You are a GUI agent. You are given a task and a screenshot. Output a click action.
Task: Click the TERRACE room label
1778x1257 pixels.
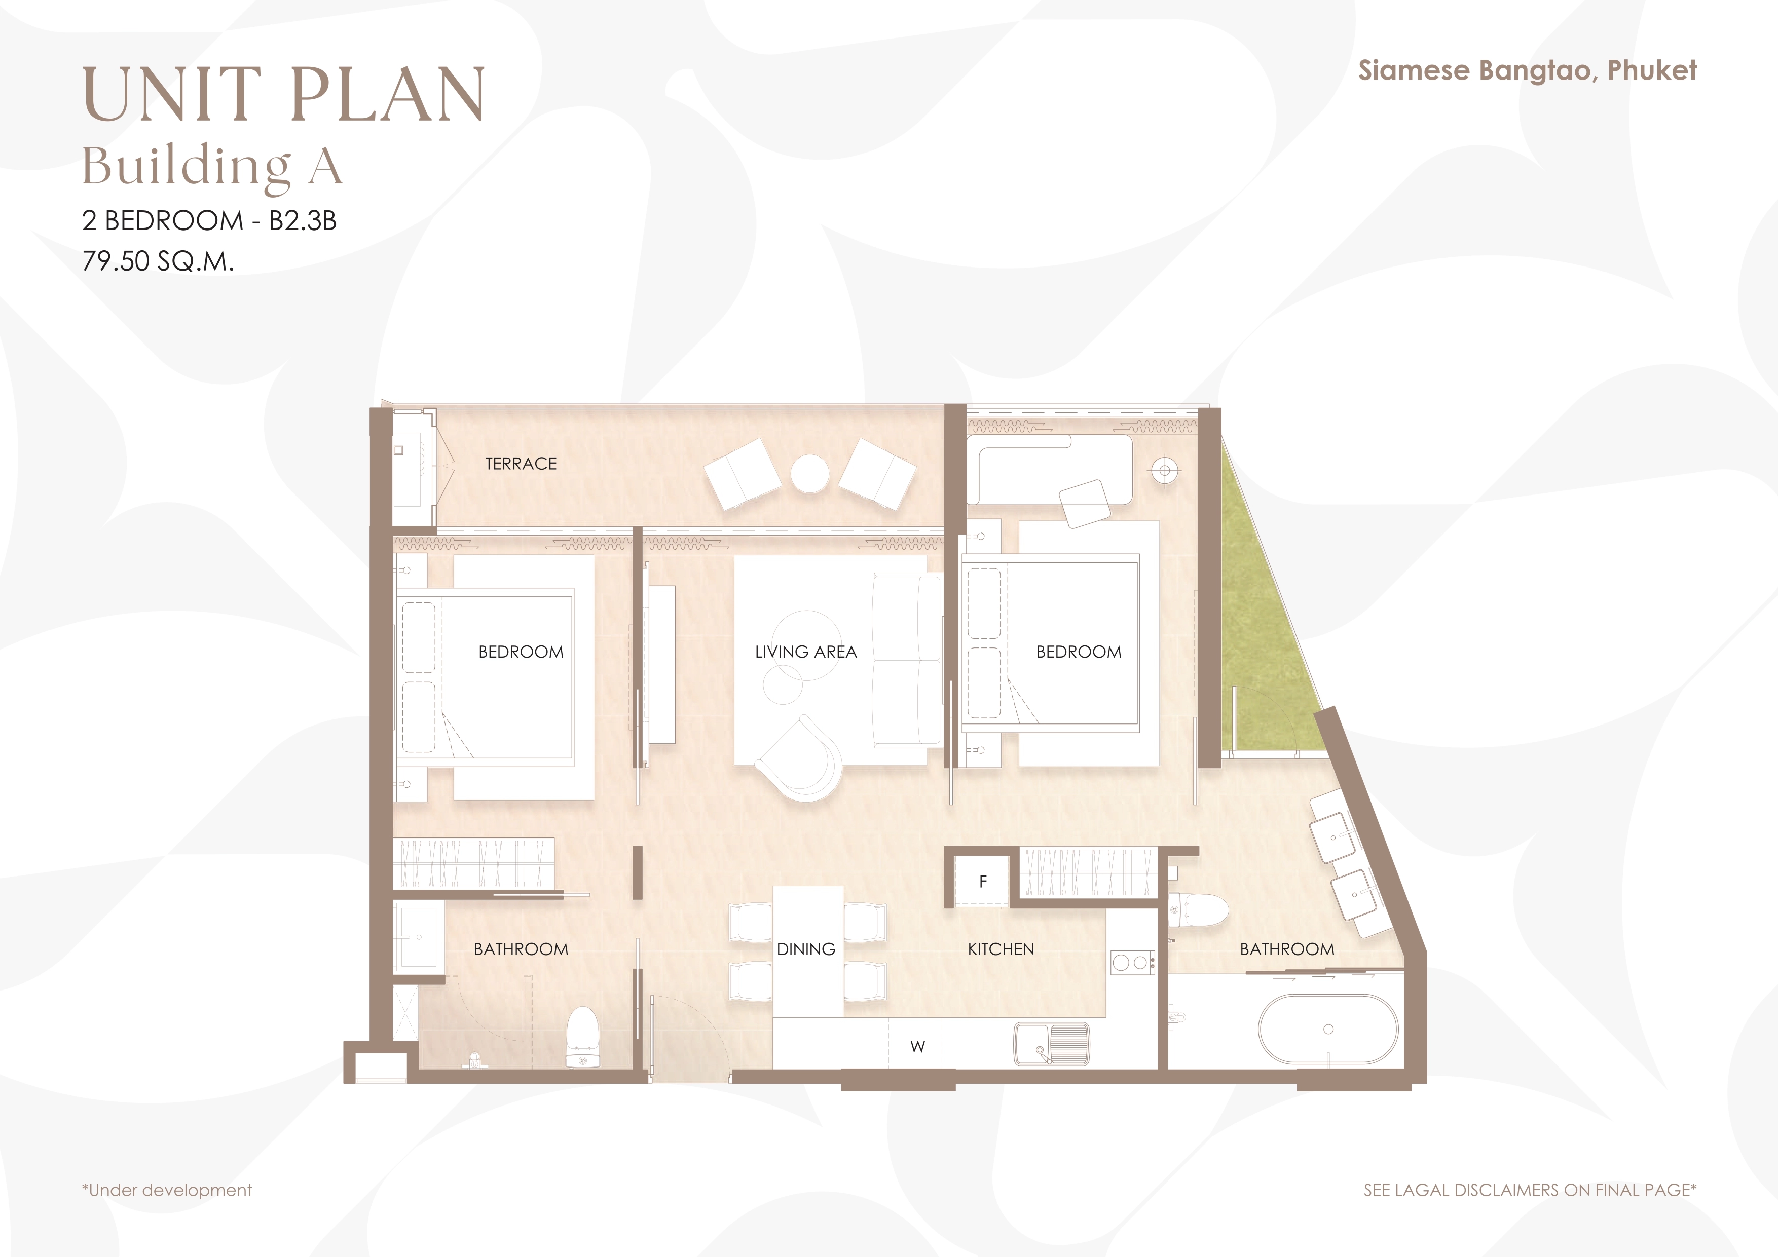[521, 464]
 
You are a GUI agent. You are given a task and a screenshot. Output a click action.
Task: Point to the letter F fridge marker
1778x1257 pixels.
[983, 882]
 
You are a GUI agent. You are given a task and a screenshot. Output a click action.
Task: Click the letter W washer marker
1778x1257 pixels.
[918, 1046]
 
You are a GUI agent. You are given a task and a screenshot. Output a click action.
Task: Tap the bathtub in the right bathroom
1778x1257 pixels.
[1328, 1029]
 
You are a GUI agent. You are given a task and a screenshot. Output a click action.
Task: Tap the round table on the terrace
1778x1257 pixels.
[810, 473]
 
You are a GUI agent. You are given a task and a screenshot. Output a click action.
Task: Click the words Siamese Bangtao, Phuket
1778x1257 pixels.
[1527, 70]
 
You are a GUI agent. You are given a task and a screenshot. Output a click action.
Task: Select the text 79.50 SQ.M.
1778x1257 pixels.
[158, 261]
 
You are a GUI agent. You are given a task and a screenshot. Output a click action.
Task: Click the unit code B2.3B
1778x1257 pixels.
[303, 220]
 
